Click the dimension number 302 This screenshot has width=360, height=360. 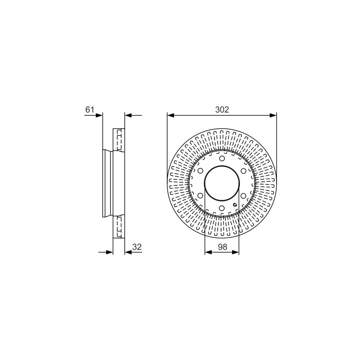point(222,110)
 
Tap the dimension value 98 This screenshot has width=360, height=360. point(222,247)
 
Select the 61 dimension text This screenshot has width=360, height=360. point(90,110)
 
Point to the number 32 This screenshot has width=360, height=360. point(137,247)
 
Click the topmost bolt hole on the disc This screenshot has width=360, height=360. point(222,159)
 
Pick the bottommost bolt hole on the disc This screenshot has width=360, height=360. point(222,208)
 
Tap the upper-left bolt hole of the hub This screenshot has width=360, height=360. point(200,171)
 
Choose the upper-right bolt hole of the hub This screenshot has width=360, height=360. point(244,171)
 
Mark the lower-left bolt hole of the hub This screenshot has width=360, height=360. point(200,196)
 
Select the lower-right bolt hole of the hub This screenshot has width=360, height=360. point(244,196)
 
